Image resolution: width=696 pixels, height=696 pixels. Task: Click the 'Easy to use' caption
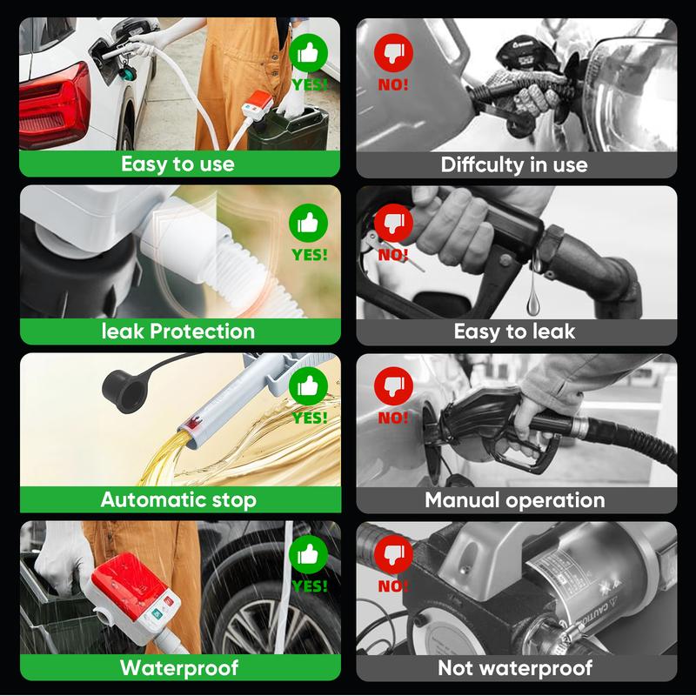click(177, 164)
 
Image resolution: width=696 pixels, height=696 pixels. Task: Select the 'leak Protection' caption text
click(177, 331)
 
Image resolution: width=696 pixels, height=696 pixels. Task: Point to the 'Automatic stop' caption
click(178, 499)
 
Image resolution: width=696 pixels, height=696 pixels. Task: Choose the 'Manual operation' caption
click(514, 499)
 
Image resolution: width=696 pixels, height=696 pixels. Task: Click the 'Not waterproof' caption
click(515, 667)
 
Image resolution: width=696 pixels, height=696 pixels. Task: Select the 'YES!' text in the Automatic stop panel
click(310, 418)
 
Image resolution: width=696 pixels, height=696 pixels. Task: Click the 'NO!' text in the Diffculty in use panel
click(393, 85)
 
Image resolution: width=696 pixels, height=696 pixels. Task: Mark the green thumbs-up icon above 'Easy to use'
click(309, 54)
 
